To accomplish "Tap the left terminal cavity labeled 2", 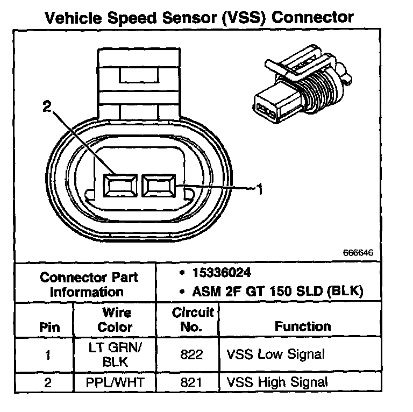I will pos(120,186).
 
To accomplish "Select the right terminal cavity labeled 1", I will pos(158,186).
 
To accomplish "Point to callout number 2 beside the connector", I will pos(48,107).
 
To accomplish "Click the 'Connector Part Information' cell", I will pos(89,285).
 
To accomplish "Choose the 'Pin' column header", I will pos(49,326).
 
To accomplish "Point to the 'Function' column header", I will pos(303,326).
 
